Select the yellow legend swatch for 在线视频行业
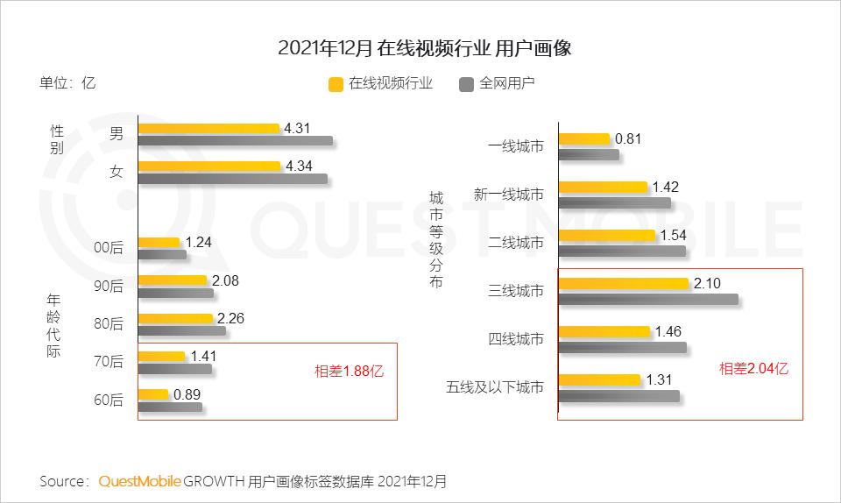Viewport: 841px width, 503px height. click(336, 84)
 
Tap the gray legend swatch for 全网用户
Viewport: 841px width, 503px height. click(466, 84)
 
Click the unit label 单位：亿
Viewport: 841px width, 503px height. click(67, 83)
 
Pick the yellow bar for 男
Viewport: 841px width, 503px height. click(208, 129)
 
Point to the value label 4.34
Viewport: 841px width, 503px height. click(298, 166)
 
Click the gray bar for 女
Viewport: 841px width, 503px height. click(233, 179)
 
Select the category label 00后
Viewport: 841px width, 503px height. click(109, 248)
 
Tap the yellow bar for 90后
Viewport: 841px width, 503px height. click(173, 280)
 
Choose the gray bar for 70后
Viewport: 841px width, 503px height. click(174, 369)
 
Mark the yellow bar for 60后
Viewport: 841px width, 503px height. click(153, 394)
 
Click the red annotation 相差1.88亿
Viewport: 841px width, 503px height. click(349, 371)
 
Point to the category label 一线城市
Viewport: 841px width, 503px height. click(515, 146)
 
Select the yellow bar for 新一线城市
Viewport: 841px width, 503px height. click(603, 187)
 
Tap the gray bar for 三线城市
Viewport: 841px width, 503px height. click(648, 299)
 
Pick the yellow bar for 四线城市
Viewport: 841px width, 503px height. click(604, 331)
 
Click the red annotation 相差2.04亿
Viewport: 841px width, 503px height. click(753, 369)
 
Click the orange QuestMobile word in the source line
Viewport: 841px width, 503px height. click(140, 481)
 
